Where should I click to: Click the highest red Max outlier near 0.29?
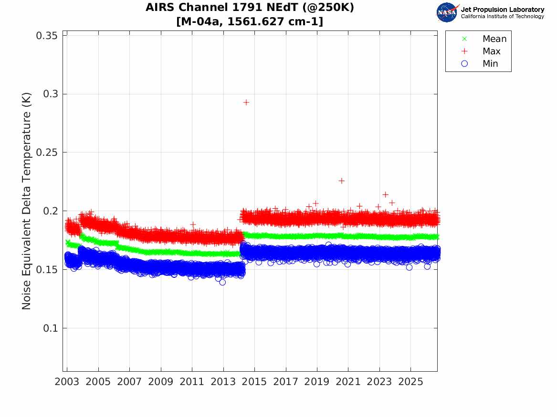click(246, 102)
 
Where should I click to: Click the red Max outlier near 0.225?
click(341, 181)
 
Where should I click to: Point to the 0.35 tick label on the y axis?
click(47, 35)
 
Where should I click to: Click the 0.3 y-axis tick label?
click(51, 94)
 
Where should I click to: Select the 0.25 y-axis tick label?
click(47, 153)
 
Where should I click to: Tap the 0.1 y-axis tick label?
click(51, 328)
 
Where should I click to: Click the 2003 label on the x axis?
click(67, 382)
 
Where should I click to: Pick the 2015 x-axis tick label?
click(254, 382)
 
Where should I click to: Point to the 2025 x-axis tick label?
click(410, 382)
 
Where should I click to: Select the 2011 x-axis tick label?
click(192, 382)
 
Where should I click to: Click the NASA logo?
click(448, 12)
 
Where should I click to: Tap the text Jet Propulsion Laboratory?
click(503, 10)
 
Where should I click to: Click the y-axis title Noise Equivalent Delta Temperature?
click(27, 201)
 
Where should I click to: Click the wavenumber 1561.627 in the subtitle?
click(253, 21)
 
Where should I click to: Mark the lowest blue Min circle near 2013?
click(222, 282)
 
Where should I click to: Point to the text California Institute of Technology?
click(503, 17)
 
